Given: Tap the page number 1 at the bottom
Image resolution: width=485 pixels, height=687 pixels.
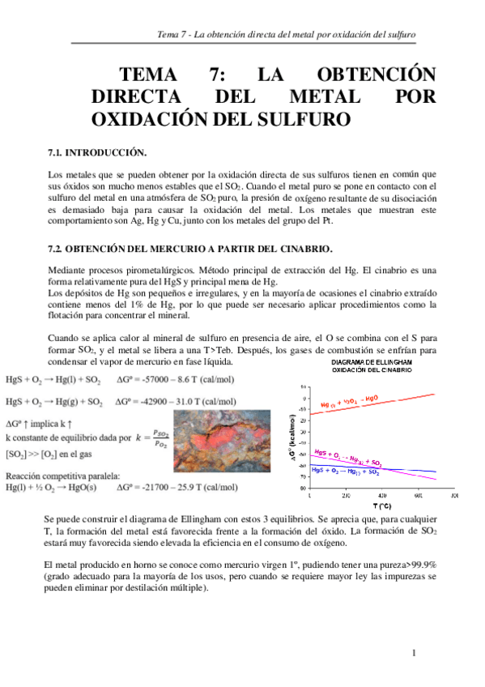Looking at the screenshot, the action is point(413,652).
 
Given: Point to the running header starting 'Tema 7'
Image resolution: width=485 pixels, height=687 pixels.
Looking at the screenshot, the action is point(286,36).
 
